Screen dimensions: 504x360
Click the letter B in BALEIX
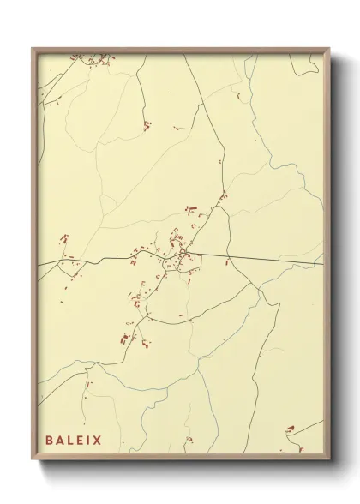click(x=50, y=441)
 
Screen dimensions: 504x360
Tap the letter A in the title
click(x=61, y=441)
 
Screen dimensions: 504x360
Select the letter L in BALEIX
click(x=72, y=441)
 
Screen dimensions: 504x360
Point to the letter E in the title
click(x=82, y=441)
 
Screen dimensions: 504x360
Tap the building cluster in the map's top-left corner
click(x=103, y=60)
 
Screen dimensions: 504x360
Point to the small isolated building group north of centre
click(x=146, y=126)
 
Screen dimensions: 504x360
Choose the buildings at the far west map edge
click(x=63, y=239)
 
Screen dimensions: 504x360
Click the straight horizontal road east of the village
click(x=274, y=260)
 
